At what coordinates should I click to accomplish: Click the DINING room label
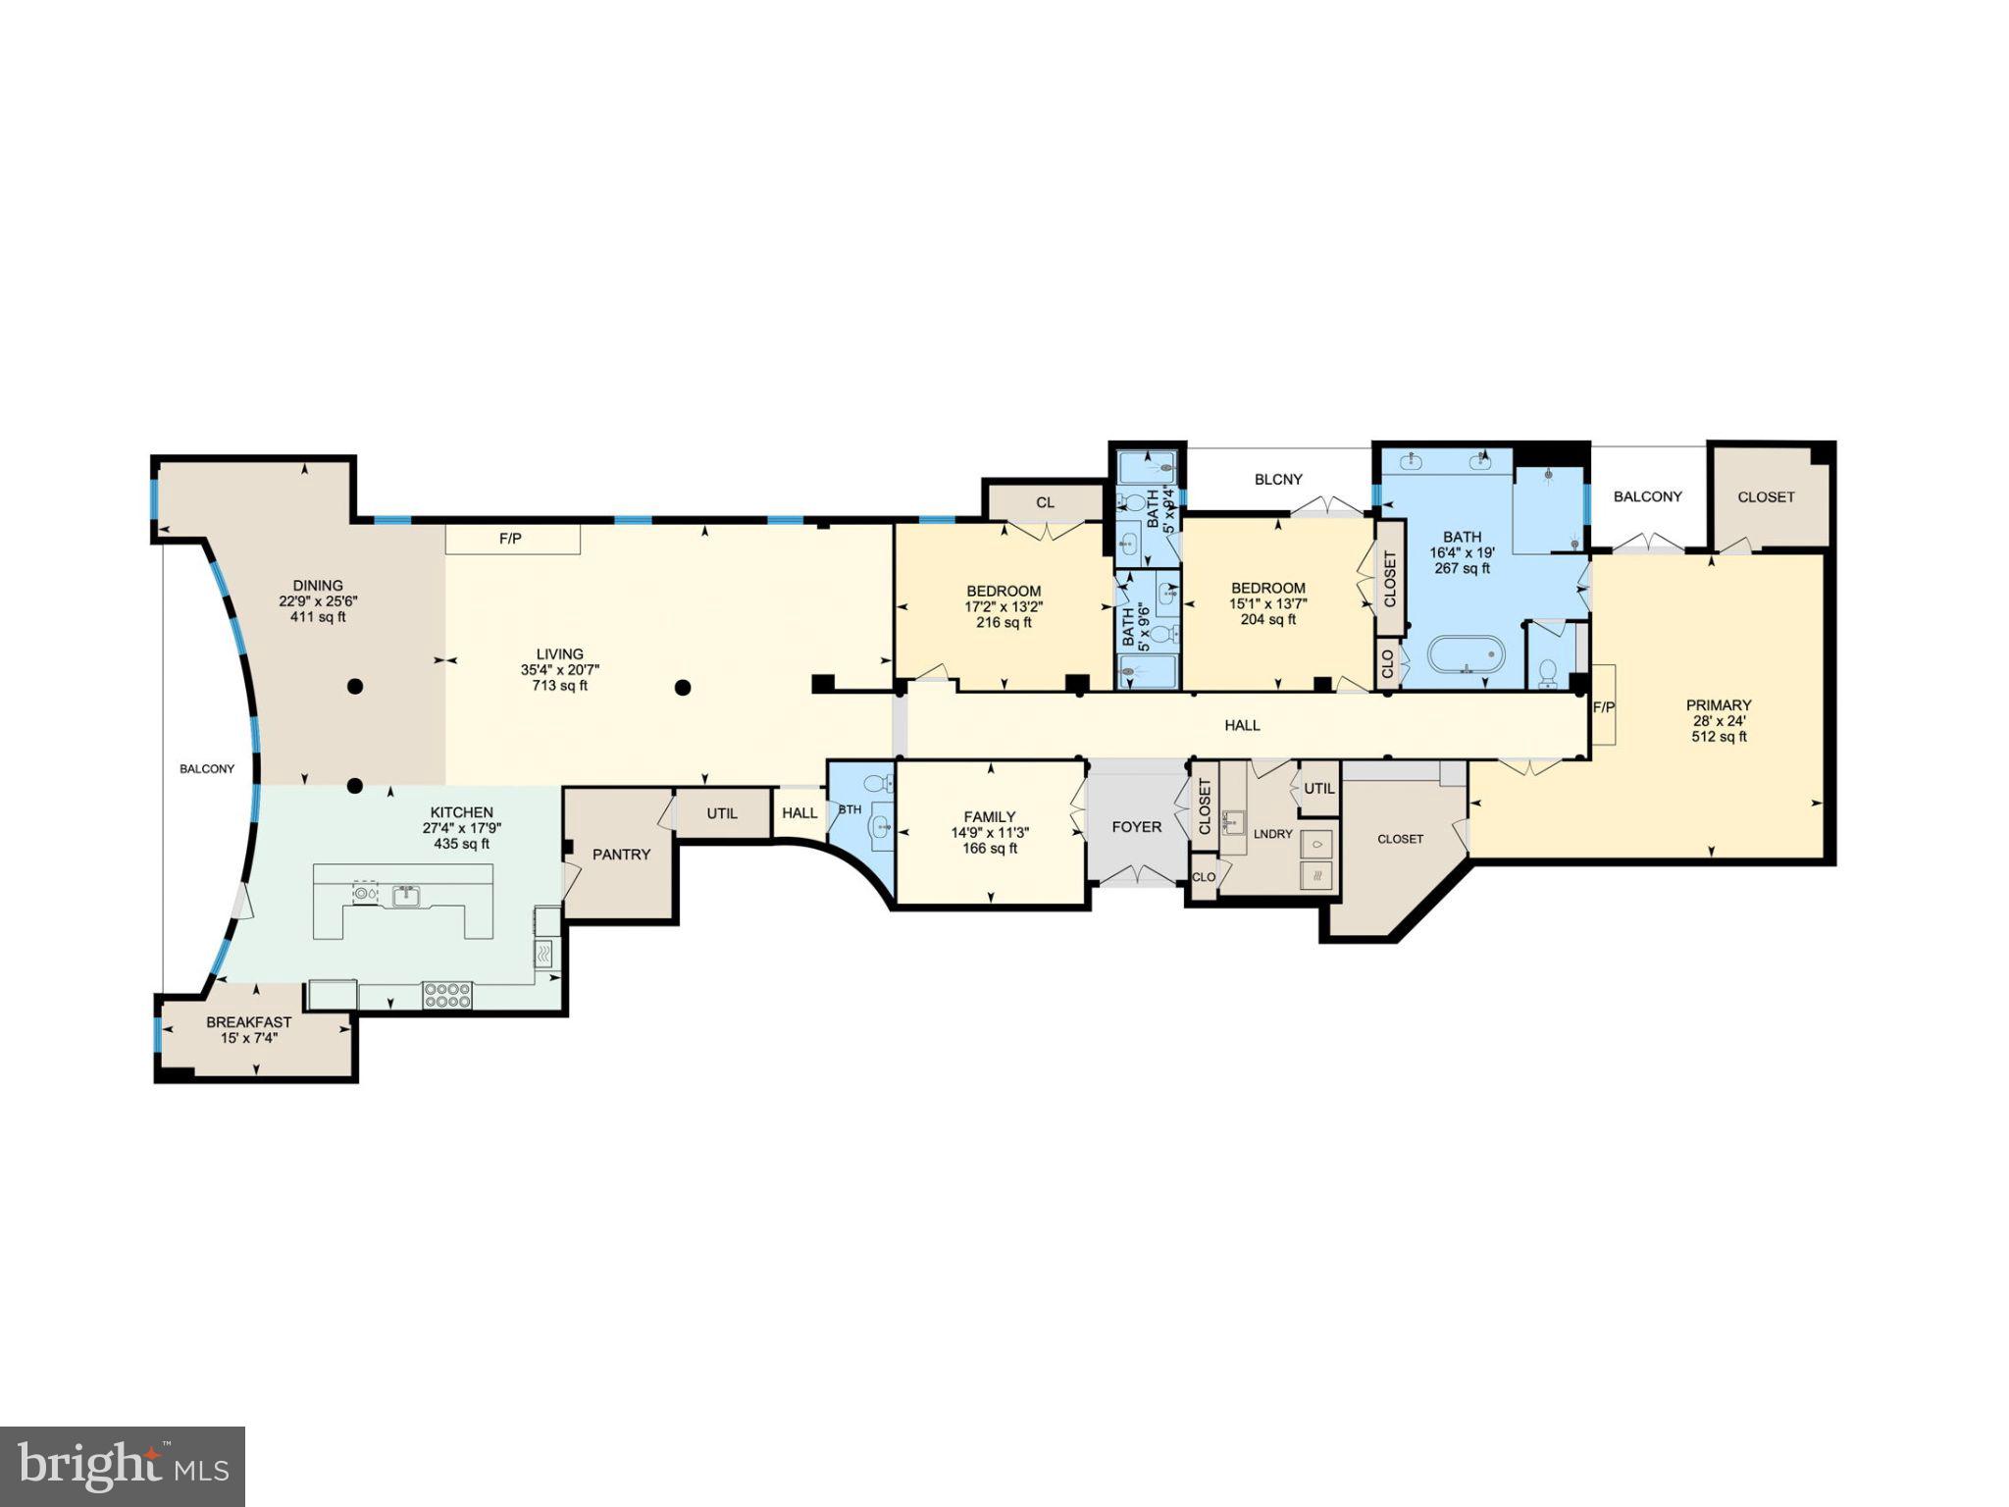click(x=318, y=586)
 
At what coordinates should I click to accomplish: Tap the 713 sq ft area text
click(x=559, y=686)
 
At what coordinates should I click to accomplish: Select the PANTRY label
click(x=621, y=855)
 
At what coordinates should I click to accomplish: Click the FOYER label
click(x=1136, y=827)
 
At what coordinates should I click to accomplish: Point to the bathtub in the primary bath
click(x=1466, y=653)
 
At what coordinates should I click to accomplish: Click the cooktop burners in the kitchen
click(x=446, y=995)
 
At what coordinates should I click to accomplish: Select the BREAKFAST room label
click(x=249, y=1022)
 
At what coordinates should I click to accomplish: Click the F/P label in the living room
click(x=510, y=539)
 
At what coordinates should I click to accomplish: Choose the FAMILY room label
click(x=990, y=816)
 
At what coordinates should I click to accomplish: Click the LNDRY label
click(x=1273, y=834)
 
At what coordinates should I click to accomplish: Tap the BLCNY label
click(x=1278, y=480)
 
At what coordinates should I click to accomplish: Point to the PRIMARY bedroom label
click(x=1719, y=704)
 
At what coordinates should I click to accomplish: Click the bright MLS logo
click(x=123, y=1467)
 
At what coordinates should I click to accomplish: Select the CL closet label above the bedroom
click(x=1046, y=502)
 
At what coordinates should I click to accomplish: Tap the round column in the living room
click(x=683, y=688)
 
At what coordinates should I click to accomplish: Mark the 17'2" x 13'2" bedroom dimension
click(x=1004, y=606)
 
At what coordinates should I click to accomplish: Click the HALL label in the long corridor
click(x=1242, y=725)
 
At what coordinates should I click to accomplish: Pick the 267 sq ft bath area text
click(x=1462, y=568)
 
